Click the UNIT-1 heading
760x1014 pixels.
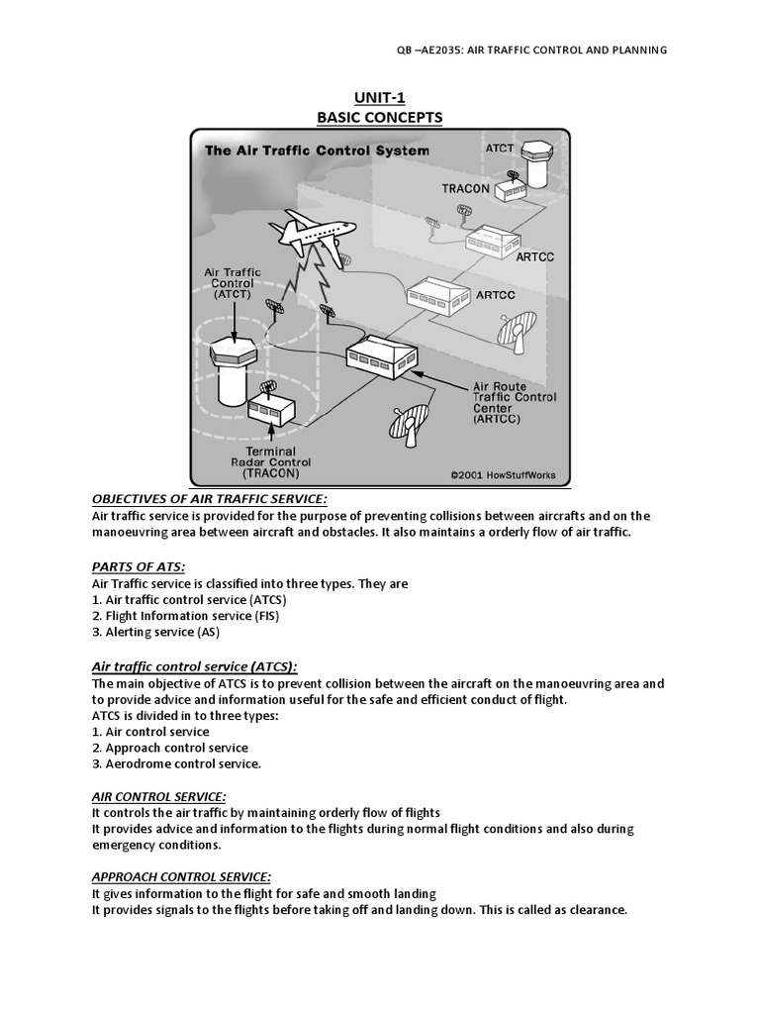[380, 98]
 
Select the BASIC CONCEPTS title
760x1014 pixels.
[380, 118]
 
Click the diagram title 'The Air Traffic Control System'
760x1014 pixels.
[317, 151]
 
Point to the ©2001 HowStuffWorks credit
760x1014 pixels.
[503, 475]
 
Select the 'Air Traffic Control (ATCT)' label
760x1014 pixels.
[234, 282]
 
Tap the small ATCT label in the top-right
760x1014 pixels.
[500, 148]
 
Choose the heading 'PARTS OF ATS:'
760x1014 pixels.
[139, 566]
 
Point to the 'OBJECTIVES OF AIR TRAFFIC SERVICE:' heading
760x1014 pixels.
[209, 498]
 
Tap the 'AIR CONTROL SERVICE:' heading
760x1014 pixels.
[159, 796]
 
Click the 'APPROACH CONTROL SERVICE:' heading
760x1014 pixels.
[181, 876]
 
